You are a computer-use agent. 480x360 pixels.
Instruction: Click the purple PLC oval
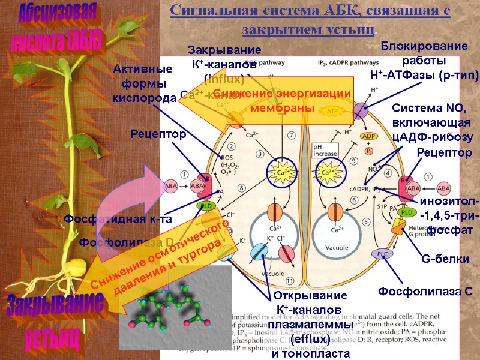pyautogui.click(x=382, y=254)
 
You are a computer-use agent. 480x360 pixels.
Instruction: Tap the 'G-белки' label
pyautogui.click(x=445, y=259)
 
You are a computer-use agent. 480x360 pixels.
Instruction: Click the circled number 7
pyautogui.click(x=291, y=136)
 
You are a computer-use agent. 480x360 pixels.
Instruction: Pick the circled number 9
pyautogui.click(x=354, y=160)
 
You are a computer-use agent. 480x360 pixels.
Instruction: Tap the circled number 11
pyautogui.click(x=290, y=280)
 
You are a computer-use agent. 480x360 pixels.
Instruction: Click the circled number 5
pyautogui.click(x=365, y=221)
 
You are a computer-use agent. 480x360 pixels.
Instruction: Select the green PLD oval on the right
pyautogui.click(x=408, y=212)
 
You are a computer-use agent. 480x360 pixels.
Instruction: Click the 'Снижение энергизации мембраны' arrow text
pyautogui.click(x=282, y=101)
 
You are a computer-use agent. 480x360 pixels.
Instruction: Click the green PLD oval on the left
pyautogui.click(x=205, y=206)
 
